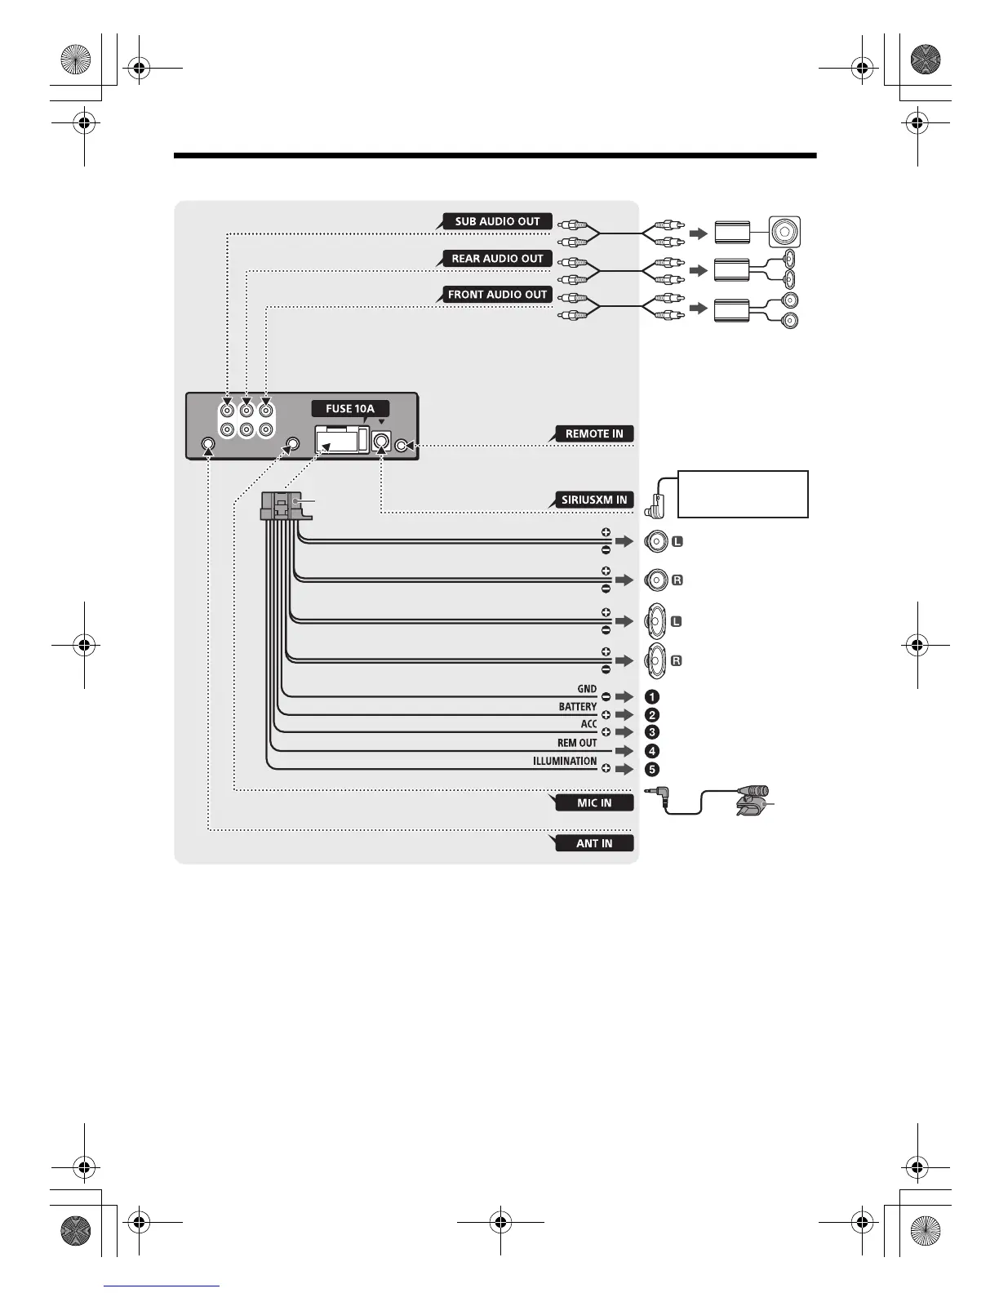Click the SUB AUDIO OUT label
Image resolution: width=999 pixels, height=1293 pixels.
pyautogui.click(x=497, y=221)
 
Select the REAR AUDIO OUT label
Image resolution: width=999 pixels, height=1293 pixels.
pyautogui.click(x=497, y=258)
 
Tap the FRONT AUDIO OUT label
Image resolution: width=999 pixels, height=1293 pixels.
pyautogui.click(x=497, y=294)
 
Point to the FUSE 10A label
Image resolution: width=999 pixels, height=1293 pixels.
pyautogui.click(x=350, y=408)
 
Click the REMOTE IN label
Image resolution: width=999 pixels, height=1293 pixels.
pyautogui.click(x=593, y=433)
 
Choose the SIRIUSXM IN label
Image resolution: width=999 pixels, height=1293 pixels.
pyautogui.click(x=593, y=500)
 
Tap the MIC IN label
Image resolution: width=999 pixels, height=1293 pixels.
pyautogui.click(x=593, y=802)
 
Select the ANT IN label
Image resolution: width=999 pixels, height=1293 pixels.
pyautogui.click(x=593, y=843)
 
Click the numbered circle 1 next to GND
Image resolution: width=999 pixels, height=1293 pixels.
pyautogui.click(x=652, y=697)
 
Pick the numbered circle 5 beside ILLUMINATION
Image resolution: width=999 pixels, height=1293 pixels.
pyautogui.click(x=652, y=769)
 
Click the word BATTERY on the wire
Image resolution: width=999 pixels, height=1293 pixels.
pyautogui.click(x=577, y=707)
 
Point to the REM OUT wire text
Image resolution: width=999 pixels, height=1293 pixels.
pyautogui.click(x=576, y=743)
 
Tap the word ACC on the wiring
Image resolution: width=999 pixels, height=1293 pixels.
pyautogui.click(x=588, y=724)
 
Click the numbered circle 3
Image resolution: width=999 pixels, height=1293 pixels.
pyautogui.click(x=652, y=732)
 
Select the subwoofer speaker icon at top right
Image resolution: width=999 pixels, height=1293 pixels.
pyautogui.click(x=784, y=233)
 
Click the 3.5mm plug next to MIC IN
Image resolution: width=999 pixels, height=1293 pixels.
pyautogui.click(x=659, y=791)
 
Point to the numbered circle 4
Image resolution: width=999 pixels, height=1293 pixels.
pyautogui.click(x=652, y=751)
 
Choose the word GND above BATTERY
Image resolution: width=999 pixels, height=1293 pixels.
pyautogui.click(x=587, y=689)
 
